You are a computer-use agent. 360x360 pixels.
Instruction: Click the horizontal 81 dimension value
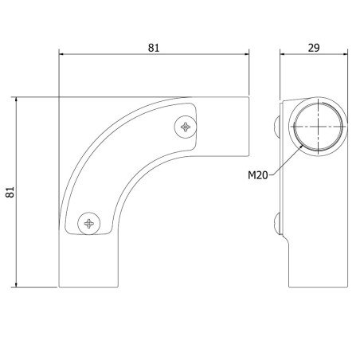point(154,48)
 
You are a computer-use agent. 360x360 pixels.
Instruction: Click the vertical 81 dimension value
point(10,192)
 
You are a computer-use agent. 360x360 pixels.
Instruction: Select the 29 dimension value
point(314,48)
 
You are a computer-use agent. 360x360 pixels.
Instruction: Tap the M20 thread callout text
point(257,175)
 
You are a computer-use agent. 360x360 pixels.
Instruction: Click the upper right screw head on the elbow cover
point(186,127)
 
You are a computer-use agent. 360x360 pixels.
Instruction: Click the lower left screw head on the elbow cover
point(89,224)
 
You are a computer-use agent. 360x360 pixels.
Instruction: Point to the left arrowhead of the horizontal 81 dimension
point(61,54)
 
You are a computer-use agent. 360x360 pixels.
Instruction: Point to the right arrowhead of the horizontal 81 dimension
point(246,54)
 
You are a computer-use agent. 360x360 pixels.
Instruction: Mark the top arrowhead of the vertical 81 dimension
point(16,100)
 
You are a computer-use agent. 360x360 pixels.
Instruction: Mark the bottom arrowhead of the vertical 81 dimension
point(16,284)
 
